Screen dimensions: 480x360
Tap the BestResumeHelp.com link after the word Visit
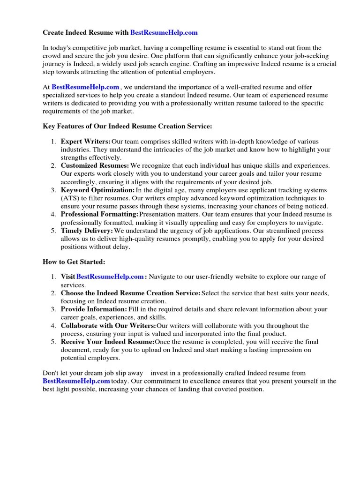coord(110,277)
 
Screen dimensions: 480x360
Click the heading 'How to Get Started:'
coord(74,262)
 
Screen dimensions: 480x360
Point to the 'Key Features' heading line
coord(127,126)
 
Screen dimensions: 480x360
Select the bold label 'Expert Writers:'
coord(86,142)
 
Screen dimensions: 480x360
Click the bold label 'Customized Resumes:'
coord(95,166)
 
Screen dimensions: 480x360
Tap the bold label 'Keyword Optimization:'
coord(97,190)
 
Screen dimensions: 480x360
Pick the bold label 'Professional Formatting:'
coord(99,215)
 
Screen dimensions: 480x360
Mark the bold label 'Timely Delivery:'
coord(87,231)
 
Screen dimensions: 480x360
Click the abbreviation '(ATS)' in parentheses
coord(70,198)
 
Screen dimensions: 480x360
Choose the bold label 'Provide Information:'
coord(94,309)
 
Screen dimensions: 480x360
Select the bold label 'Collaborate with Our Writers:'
coord(108,326)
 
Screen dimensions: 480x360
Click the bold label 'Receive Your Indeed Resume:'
coord(107,342)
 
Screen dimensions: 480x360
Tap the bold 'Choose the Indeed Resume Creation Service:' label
coord(130,293)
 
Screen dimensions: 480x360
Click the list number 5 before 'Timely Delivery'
coord(53,231)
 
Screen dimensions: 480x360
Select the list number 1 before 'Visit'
coord(53,277)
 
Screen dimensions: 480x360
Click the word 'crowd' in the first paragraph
coord(52,56)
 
